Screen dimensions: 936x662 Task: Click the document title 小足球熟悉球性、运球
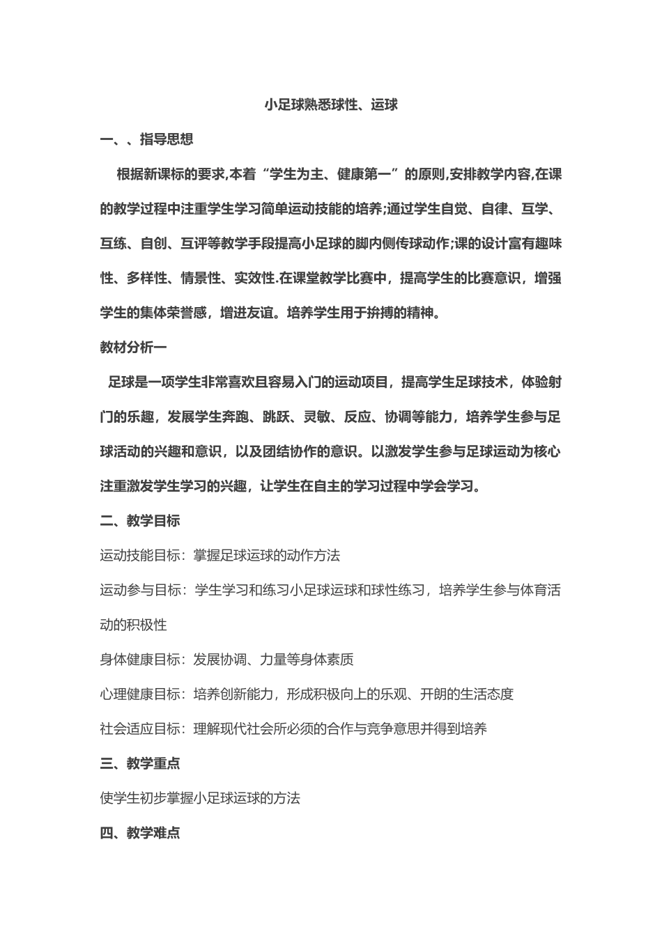331,105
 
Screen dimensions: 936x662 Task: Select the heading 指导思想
167,139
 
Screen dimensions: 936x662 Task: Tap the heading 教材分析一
133,347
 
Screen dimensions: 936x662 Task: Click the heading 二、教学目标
140,520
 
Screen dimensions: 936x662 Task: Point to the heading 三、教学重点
140,763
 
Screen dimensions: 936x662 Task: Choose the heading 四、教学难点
140,833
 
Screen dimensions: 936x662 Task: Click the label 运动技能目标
140,555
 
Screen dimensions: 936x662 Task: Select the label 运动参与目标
140,590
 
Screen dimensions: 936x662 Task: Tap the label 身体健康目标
140,660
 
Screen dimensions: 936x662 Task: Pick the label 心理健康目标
140,694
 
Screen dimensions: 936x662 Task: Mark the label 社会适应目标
140,729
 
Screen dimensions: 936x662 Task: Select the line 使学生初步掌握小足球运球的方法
200,798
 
